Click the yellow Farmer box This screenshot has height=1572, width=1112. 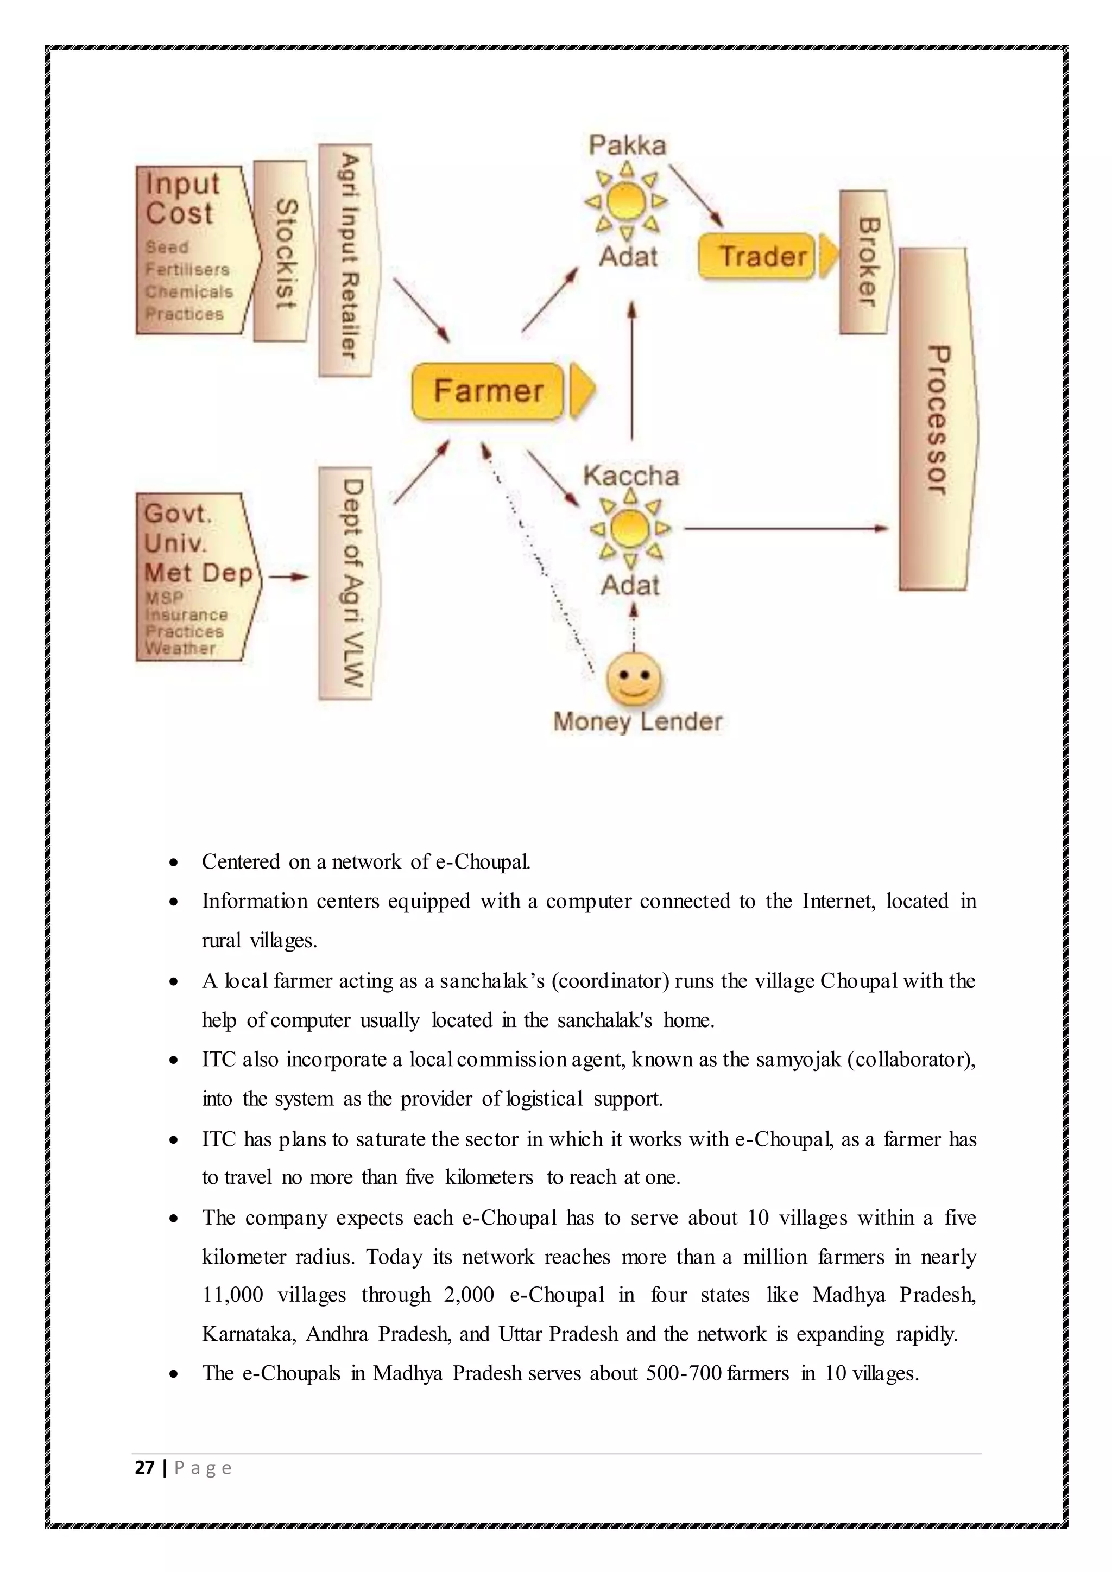[x=488, y=391]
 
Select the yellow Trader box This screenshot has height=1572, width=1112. [x=756, y=256]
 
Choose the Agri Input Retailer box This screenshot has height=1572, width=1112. [x=346, y=260]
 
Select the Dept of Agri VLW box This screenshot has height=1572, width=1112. [x=346, y=584]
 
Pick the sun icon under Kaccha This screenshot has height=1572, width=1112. [x=630, y=529]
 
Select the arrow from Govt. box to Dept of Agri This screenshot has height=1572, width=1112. [x=288, y=577]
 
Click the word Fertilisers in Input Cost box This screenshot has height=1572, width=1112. [x=187, y=270]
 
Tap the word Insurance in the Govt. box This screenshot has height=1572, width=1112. [x=186, y=615]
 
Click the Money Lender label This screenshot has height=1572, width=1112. [x=637, y=721]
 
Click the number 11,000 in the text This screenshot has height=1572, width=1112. [x=233, y=1295]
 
